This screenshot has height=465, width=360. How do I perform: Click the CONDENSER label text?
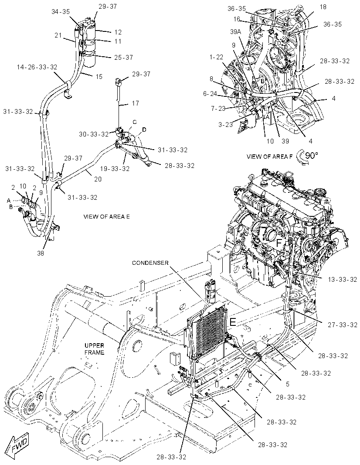[150, 263]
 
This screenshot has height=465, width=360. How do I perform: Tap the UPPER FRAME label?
[95, 349]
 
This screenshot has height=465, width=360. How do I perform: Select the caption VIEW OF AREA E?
[106, 217]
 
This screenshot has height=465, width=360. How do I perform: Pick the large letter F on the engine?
[279, 243]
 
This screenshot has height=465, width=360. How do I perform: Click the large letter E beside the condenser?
[233, 321]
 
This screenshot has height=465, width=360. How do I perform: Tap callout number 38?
[41, 253]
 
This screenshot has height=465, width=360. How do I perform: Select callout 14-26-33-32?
[37, 67]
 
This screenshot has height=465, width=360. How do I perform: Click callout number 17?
[136, 103]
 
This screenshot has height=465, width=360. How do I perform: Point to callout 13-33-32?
[342, 279]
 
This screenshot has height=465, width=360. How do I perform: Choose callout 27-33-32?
[343, 325]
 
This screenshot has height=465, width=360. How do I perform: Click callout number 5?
[287, 384]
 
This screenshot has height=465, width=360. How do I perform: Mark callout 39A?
[235, 32]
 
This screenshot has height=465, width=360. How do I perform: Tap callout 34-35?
[61, 12]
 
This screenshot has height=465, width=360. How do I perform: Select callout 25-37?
[123, 57]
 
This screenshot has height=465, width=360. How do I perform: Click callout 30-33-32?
[94, 134]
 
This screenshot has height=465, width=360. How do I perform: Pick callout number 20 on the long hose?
[98, 179]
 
